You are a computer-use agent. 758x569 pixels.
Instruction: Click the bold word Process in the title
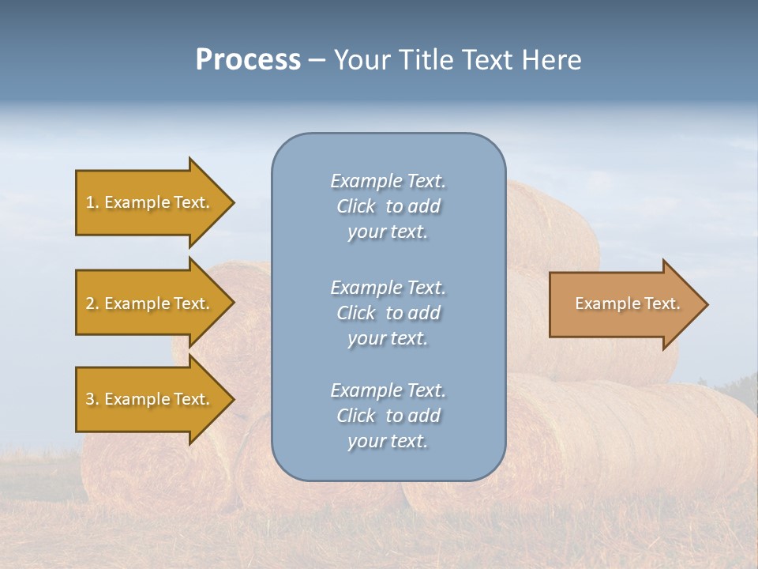point(248,60)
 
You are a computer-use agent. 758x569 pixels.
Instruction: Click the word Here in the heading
point(552,60)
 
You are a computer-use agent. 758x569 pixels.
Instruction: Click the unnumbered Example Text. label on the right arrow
point(627,303)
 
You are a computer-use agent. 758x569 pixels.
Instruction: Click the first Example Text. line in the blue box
point(388,181)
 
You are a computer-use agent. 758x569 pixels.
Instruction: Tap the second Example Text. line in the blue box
point(388,288)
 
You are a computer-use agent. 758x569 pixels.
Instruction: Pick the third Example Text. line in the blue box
point(388,390)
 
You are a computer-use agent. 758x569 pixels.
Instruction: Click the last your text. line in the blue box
point(388,441)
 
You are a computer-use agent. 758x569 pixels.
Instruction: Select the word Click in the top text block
point(355,206)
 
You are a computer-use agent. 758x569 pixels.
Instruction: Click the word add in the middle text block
point(424,313)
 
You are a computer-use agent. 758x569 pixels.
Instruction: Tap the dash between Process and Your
point(317,60)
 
